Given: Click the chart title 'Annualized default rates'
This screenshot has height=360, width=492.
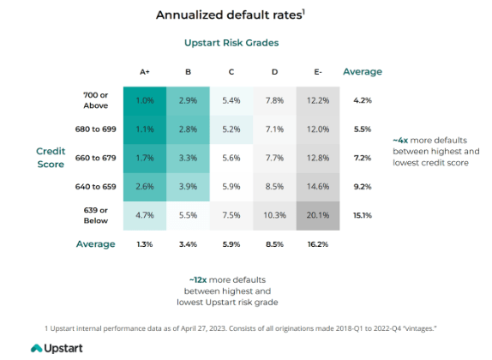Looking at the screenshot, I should (x=230, y=15).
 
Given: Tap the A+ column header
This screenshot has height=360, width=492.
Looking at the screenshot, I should (x=146, y=72).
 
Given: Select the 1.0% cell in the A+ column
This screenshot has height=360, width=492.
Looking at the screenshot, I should (x=146, y=100).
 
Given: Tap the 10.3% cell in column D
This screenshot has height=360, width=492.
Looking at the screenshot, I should (x=273, y=216).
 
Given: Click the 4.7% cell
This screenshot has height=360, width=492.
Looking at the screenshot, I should (x=146, y=216).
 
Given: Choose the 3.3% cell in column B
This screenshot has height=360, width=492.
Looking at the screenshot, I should (x=188, y=158).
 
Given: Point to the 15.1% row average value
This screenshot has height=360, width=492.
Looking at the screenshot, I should (x=362, y=216).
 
